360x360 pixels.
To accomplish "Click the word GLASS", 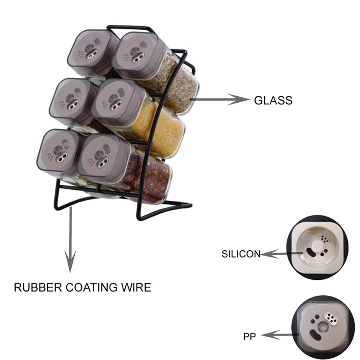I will tap(273, 100).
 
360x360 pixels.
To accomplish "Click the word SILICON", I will tap(241, 254).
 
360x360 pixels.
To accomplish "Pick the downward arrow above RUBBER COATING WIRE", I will tap(70, 238).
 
